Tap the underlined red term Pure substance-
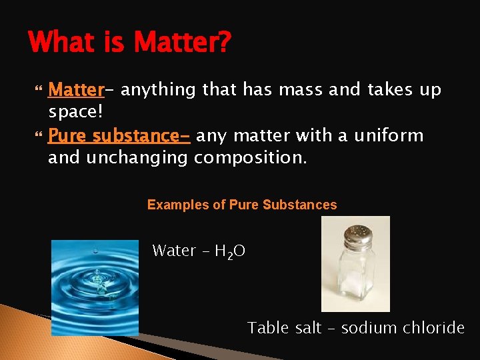click(x=119, y=136)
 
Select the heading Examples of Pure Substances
click(x=242, y=205)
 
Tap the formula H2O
click(x=230, y=251)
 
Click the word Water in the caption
click(x=174, y=251)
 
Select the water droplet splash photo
click(x=95, y=287)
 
